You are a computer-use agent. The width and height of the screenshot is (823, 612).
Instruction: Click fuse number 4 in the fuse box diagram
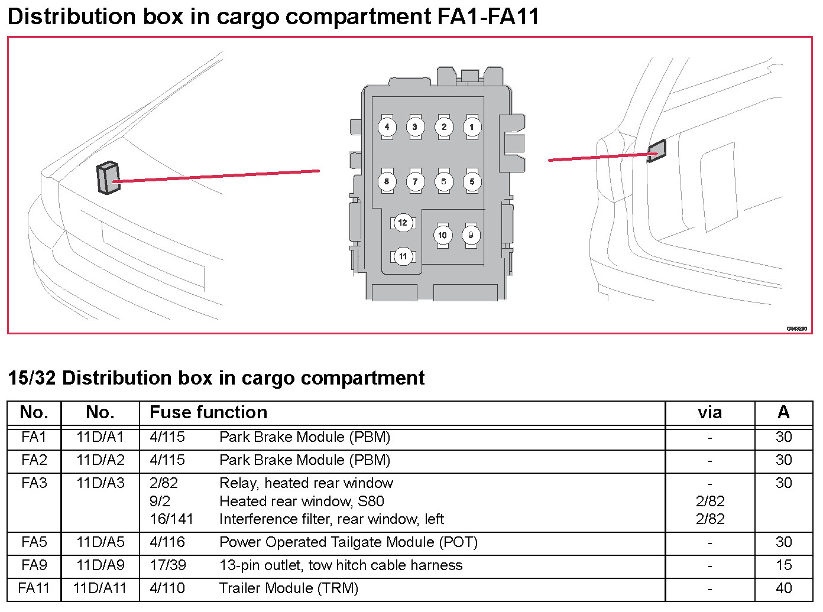387,127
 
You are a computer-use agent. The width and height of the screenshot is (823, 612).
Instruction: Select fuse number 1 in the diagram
472,127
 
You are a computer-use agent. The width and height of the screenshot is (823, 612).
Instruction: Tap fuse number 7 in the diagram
415,181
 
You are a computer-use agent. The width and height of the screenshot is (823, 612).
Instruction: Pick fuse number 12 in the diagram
403,223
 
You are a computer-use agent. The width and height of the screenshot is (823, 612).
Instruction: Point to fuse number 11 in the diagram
403,256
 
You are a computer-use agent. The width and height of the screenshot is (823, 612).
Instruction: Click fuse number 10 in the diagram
442,235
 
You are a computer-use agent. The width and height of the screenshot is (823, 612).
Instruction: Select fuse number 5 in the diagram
472,181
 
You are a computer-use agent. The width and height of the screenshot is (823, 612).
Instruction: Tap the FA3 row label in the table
34,483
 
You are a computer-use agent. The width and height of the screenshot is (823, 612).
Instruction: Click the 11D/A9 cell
101,565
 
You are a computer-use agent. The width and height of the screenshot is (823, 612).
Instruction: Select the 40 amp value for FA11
783,588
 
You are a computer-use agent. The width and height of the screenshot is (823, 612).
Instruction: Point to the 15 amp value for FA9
783,565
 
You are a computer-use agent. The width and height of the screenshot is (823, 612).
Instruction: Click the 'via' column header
709,412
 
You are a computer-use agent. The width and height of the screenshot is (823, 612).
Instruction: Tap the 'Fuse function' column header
208,412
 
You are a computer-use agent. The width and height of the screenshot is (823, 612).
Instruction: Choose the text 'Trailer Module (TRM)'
289,588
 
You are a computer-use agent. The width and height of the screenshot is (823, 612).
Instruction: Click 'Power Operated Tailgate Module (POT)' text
348,542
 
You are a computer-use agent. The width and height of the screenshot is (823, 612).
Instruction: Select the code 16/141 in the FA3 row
171,519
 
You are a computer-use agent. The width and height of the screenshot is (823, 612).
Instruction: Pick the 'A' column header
783,412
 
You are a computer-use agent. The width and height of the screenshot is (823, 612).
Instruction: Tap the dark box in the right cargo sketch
656,151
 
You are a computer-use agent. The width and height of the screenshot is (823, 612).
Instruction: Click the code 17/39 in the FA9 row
168,565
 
